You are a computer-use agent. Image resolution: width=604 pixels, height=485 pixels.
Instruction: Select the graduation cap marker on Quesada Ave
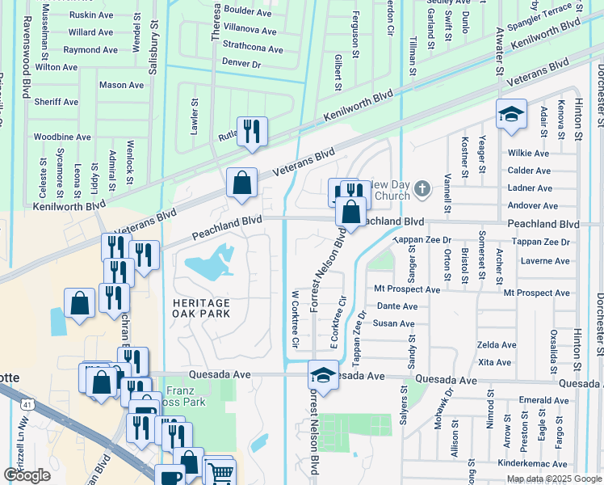coord(323,377)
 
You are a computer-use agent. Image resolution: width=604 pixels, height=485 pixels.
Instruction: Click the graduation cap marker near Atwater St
coord(511,115)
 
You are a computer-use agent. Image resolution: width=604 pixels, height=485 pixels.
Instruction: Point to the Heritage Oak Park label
coord(201,308)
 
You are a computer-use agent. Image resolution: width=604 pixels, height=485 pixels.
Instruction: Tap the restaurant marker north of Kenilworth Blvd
coord(252,131)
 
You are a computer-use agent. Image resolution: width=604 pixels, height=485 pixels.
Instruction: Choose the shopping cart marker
coord(219,470)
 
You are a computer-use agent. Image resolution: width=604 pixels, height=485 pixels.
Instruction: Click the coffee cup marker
coord(170,478)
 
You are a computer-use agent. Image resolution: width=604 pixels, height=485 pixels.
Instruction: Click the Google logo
coord(27,475)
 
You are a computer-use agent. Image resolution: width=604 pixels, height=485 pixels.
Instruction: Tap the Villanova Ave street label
coord(249,32)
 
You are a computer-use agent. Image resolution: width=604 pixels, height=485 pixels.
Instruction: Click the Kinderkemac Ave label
coord(533,463)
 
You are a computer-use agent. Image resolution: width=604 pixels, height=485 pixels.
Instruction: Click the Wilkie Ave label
coord(528,153)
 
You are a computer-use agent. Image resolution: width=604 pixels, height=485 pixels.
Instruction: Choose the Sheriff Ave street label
coord(56,102)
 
